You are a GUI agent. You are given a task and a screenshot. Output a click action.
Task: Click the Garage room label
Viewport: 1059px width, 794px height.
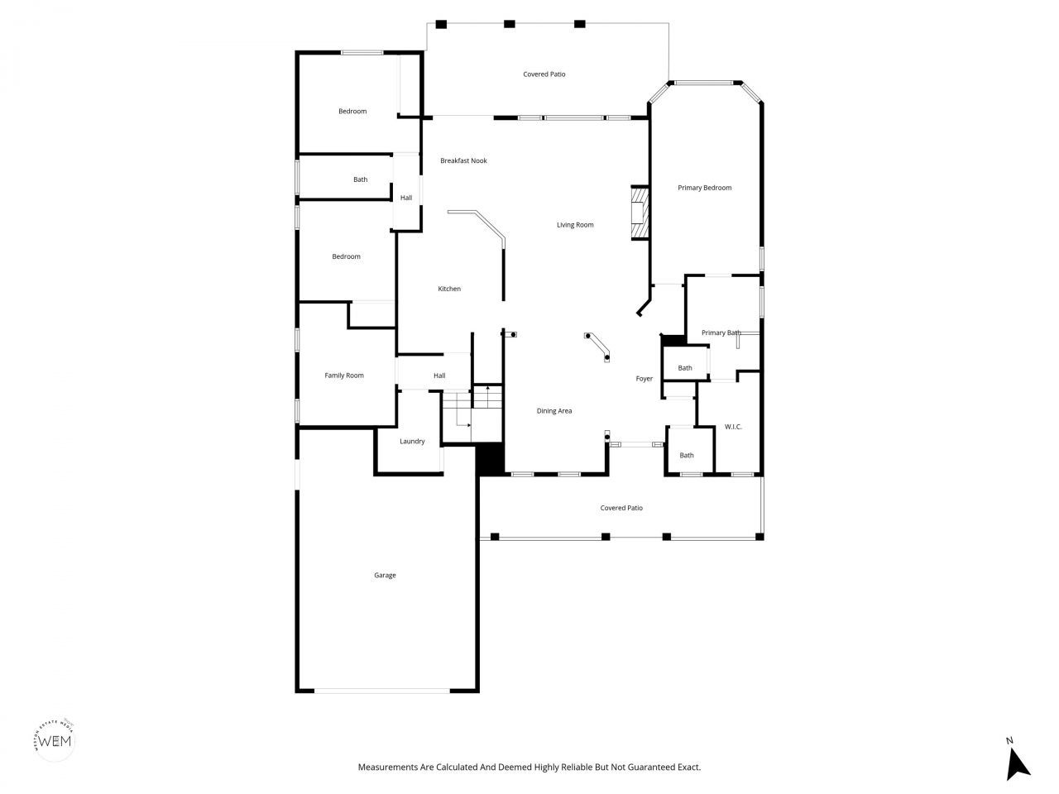click(385, 575)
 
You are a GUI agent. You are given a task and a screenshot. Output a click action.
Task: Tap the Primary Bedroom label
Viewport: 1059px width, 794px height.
click(705, 188)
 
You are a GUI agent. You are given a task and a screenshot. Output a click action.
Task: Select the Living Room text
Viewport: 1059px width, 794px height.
click(575, 225)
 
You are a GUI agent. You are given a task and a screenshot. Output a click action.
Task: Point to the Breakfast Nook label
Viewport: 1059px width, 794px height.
click(463, 160)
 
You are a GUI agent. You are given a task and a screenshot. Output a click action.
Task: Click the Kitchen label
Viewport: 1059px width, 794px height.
click(449, 289)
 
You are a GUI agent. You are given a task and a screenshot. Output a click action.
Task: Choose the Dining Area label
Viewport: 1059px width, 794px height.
click(554, 411)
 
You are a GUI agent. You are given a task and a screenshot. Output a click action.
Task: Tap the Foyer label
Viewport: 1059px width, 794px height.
click(645, 379)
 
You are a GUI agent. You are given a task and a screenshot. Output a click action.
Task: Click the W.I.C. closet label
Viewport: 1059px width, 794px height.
click(733, 427)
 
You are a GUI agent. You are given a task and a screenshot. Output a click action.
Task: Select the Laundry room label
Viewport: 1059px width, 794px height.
click(412, 442)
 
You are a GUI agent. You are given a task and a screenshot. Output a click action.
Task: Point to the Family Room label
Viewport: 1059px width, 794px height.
click(344, 375)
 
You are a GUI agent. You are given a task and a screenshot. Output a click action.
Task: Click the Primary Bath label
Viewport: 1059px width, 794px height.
click(721, 332)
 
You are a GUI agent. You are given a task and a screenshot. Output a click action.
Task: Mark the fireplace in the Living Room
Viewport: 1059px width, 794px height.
click(638, 212)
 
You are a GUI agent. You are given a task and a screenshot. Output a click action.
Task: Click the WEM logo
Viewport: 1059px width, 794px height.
click(56, 739)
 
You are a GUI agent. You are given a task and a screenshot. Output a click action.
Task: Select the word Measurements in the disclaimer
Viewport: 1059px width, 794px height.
click(387, 768)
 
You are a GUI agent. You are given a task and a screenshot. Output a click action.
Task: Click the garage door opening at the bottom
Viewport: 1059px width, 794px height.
click(382, 691)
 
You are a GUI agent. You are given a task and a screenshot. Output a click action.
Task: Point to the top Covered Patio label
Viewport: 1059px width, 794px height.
click(544, 74)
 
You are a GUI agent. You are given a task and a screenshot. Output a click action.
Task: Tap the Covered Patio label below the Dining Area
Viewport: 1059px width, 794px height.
click(621, 508)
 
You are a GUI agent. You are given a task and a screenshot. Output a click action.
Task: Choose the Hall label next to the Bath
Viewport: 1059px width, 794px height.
click(406, 198)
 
